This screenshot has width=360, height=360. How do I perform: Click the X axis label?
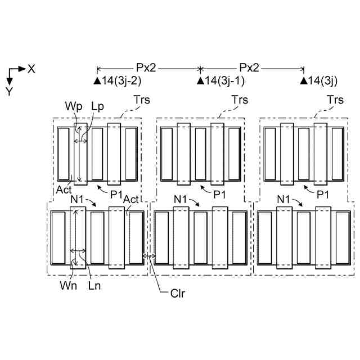pos(31,69)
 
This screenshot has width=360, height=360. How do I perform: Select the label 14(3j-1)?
pos(224,82)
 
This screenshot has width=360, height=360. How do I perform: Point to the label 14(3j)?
pos(323,82)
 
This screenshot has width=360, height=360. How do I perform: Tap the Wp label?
pos(73,106)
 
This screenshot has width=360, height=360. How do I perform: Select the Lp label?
pos(97,106)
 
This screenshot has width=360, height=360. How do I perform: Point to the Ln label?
pos(94,285)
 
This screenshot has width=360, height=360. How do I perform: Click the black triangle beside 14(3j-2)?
pos(97,82)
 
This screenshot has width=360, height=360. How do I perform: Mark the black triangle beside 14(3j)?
pos(304,82)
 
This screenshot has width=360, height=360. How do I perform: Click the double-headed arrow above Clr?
pos(150,256)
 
